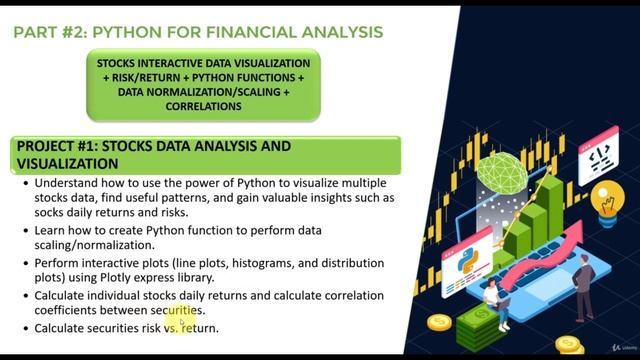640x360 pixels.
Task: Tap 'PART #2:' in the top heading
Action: [48, 32]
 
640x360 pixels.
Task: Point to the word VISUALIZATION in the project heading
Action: [61, 163]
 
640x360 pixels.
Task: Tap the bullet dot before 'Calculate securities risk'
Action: [24, 328]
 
